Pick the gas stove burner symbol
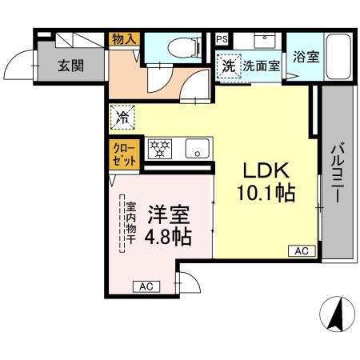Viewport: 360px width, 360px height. tap(162, 147)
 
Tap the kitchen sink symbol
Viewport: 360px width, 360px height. tap(195, 147)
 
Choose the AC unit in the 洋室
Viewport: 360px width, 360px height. tap(146, 286)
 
